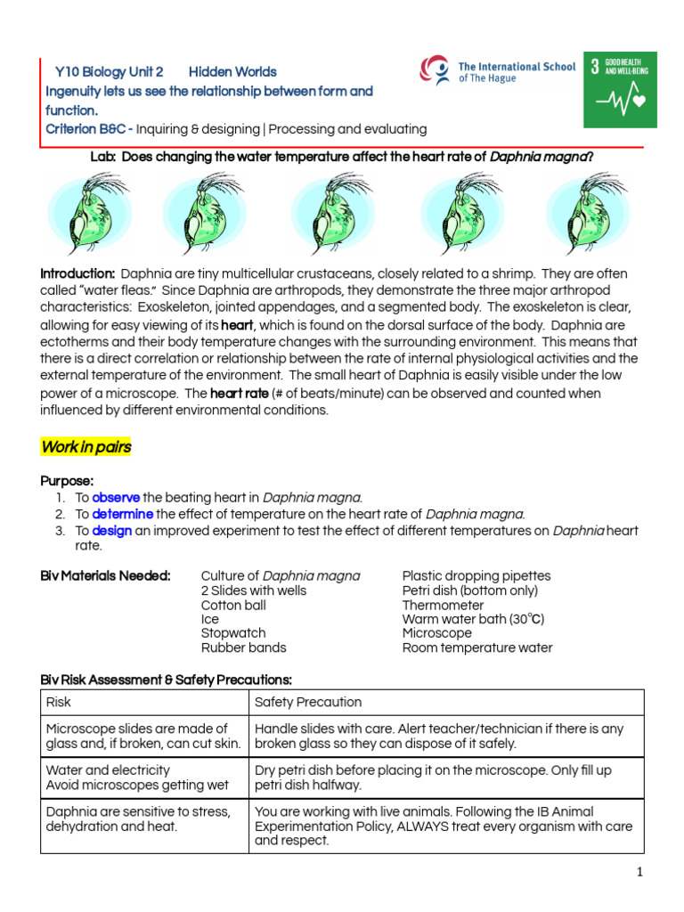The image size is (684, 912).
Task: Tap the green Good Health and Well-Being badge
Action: click(x=619, y=89)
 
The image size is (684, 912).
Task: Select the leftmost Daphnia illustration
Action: click(x=84, y=214)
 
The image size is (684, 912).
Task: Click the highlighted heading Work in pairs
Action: click(x=86, y=447)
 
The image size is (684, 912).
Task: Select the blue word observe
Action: click(x=116, y=498)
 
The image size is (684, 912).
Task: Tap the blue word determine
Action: click(x=123, y=514)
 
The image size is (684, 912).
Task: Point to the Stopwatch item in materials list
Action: click(x=228, y=633)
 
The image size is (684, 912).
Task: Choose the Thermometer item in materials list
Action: click(x=444, y=605)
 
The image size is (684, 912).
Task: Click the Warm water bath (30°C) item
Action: click(x=473, y=619)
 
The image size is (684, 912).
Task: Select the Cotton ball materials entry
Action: click(x=233, y=605)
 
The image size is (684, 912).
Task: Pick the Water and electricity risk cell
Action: click(x=108, y=769)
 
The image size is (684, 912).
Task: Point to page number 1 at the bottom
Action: click(x=639, y=873)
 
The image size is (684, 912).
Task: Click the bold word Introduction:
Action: click(x=78, y=273)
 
